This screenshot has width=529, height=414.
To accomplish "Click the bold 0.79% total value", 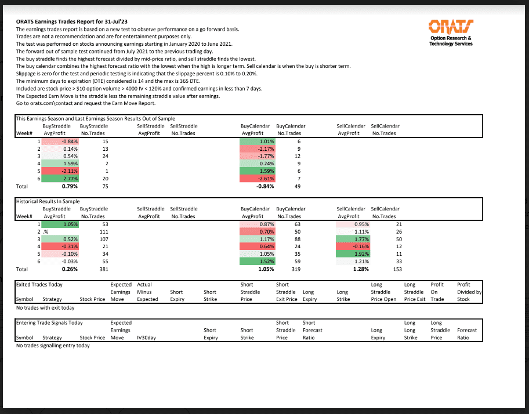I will coord(70,187).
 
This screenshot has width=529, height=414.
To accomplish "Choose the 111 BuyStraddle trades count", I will coord(104,231).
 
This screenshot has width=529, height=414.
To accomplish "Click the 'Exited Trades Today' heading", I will coord(39,285).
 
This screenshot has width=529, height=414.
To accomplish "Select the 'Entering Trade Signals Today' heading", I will coord(49,322).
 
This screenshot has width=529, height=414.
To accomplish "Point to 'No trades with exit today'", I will coord(45,308).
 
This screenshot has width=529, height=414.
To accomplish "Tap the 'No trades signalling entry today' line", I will coord(53,346).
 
